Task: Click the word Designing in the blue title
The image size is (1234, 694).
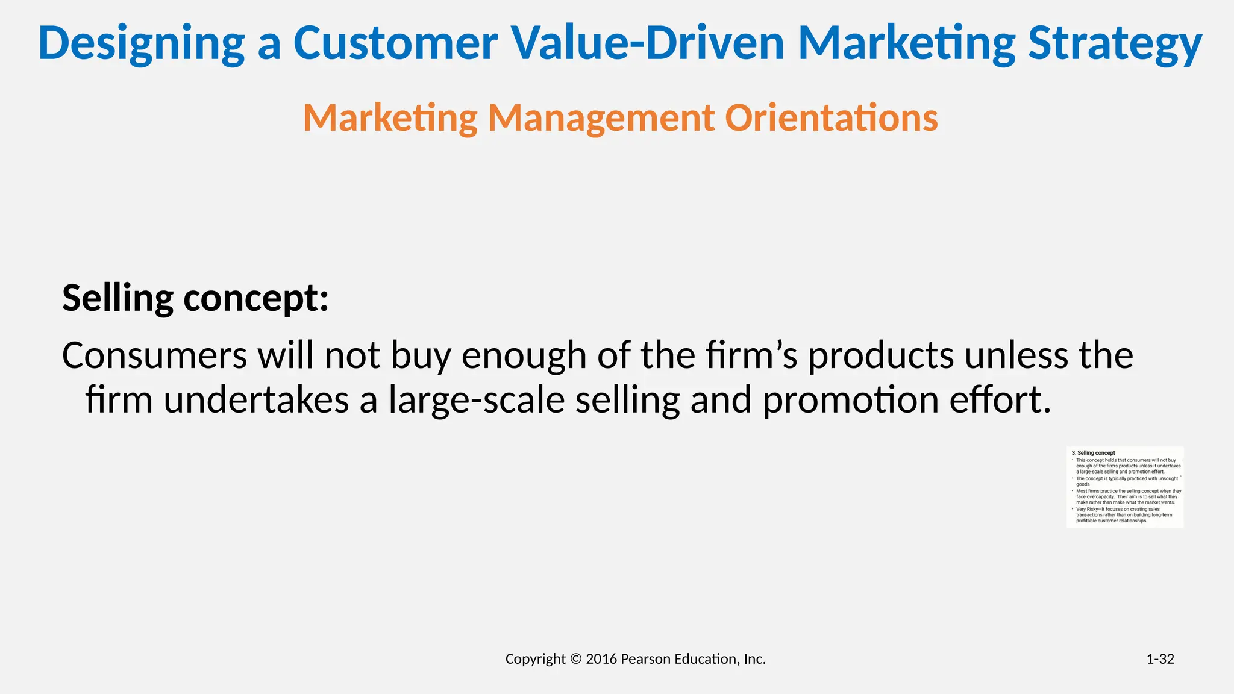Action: coord(141,43)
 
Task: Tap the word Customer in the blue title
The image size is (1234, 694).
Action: coord(395,43)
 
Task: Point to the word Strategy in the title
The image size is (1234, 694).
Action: coord(1115,43)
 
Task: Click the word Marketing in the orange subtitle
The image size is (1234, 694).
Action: coord(390,117)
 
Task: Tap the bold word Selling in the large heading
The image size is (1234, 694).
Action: coord(117,298)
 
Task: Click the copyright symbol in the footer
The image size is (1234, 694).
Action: coord(575,659)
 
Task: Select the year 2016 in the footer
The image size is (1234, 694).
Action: coord(601,659)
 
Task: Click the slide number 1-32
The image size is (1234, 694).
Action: coord(1160,659)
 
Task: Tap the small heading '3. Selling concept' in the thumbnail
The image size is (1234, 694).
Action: coord(1093,453)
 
